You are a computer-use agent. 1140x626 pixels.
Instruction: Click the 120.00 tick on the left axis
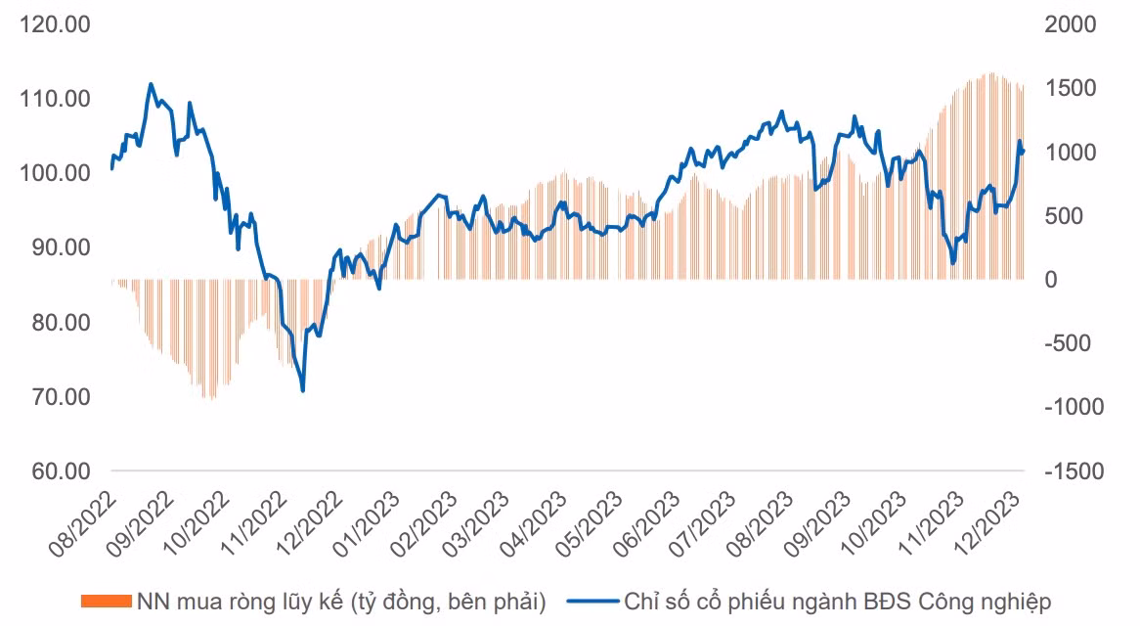(55, 24)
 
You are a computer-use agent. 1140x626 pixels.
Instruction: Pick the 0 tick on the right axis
(1051, 280)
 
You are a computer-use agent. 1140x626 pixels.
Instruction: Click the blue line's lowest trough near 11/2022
(303, 391)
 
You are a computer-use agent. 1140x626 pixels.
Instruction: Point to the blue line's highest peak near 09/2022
(151, 84)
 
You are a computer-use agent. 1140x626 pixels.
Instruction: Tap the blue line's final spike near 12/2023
(1020, 142)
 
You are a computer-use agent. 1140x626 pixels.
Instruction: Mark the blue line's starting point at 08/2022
(111, 168)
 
